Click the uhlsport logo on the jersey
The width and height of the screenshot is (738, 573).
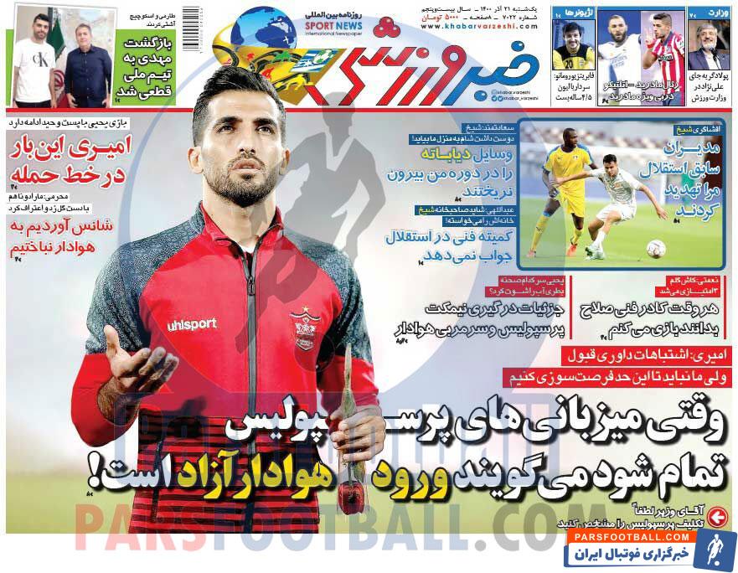(192, 324)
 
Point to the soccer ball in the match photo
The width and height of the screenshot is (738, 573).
(656, 248)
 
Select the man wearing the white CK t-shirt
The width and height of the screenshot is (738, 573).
(34, 63)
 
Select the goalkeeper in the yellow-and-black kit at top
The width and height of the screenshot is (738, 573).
(574, 47)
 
